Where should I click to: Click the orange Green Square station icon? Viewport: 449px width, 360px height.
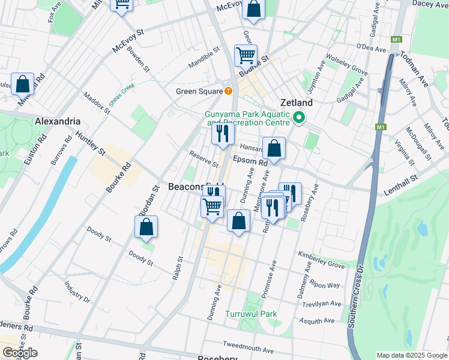click(228, 91)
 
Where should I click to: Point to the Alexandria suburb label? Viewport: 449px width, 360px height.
click(58, 121)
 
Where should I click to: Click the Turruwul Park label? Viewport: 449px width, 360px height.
click(251, 314)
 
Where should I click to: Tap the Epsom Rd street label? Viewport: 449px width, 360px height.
click(250, 162)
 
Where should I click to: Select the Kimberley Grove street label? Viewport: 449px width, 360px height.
click(321, 260)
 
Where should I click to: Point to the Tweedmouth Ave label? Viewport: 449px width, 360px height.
click(248, 347)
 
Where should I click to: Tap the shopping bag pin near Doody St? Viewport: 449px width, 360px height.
click(146, 227)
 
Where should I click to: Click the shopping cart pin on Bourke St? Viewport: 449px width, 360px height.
click(246, 56)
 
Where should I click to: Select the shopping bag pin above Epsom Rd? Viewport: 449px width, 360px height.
click(274, 149)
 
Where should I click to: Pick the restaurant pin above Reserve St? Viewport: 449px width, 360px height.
click(223, 134)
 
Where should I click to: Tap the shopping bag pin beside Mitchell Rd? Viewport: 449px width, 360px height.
click(22, 85)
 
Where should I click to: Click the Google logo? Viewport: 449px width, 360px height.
click(19, 353)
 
